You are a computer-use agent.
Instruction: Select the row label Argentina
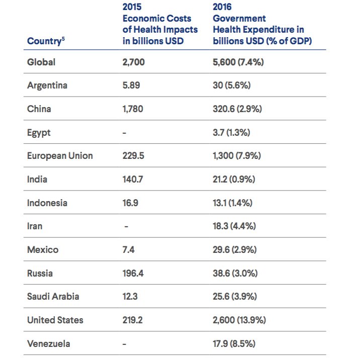pyautogui.click(x=47, y=85)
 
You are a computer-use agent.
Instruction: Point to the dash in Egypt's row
pyautogui.click(x=125, y=133)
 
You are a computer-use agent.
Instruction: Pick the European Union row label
pyautogui.click(x=60, y=156)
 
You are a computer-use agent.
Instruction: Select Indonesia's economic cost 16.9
pyautogui.click(x=131, y=203)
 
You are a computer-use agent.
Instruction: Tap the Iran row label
pyautogui.click(x=35, y=226)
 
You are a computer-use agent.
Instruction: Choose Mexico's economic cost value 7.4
pyautogui.click(x=129, y=250)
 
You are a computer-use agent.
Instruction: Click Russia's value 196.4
pyautogui.click(x=133, y=274)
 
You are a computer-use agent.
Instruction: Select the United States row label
pyautogui.click(x=55, y=320)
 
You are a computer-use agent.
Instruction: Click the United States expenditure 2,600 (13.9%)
pyautogui.click(x=239, y=320)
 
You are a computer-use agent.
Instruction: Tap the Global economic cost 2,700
pyautogui.click(x=134, y=62)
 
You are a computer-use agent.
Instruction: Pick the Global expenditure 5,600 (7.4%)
pyautogui.click(x=238, y=62)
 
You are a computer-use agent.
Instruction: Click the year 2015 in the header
pyautogui.click(x=133, y=7)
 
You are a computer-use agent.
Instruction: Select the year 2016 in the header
pyautogui.click(x=223, y=7)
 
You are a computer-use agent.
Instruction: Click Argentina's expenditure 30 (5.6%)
pyautogui.click(x=231, y=85)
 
